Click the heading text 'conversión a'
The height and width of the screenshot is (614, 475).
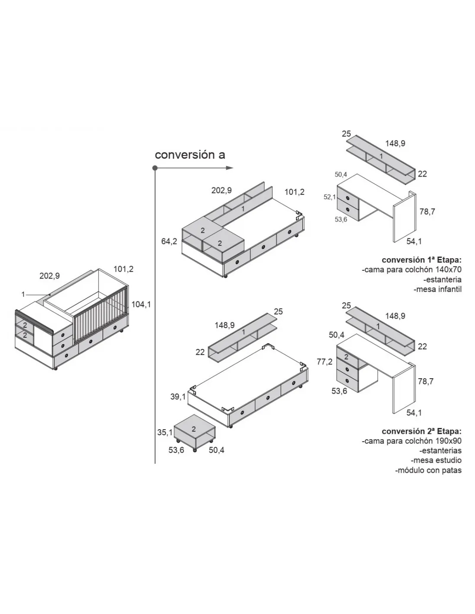pyautogui.click(x=190, y=155)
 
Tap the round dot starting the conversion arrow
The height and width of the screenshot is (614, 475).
pyautogui.click(x=155, y=168)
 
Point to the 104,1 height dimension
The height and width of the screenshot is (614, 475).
pyautogui.click(x=141, y=304)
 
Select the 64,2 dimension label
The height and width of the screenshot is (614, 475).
pyautogui.click(x=169, y=241)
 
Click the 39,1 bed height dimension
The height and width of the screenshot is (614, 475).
pyautogui.click(x=177, y=396)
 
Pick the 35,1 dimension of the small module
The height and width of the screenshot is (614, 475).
pyautogui.click(x=165, y=432)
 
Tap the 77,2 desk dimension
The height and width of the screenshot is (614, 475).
pyautogui.click(x=324, y=362)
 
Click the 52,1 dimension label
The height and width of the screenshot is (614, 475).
pyautogui.click(x=330, y=197)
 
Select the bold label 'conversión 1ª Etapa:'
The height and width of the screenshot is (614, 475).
pyautogui.click(x=421, y=260)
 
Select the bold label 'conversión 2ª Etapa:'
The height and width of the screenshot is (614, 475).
pyautogui.click(x=421, y=431)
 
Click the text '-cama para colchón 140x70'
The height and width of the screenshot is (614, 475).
pyautogui.click(x=412, y=270)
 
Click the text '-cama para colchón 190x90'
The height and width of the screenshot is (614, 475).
pyautogui.click(x=412, y=441)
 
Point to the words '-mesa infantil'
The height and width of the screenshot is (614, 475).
pyautogui.click(x=437, y=289)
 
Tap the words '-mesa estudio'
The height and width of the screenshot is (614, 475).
pyautogui.click(x=437, y=460)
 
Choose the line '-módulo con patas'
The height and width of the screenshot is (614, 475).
pyautogui.click(x=428, y=470)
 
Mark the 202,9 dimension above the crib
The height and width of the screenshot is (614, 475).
pyautogui.click(x=49, y=276)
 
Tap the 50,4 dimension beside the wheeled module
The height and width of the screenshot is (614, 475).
pyautogui.click(x=217, y=450)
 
